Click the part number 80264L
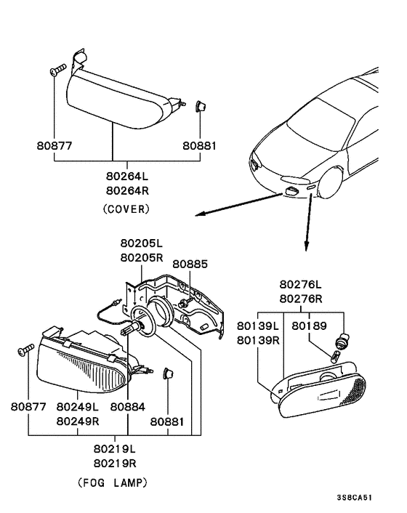[x=126, y=176]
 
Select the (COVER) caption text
[x=126, y=209]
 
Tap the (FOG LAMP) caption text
[x=112, y=482]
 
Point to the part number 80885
[x=188, y=264]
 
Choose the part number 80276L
[x=301, y=284]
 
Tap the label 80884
[x=127, y=408]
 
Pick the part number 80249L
[x=78, y=408]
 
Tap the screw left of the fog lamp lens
[x=25, y=349]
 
